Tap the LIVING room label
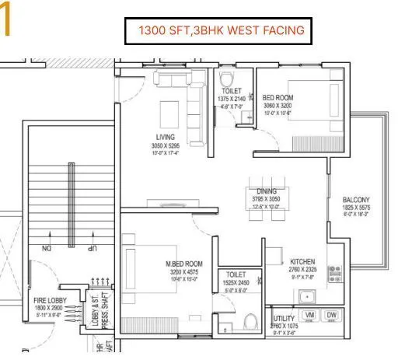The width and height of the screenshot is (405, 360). [x=164, y=137]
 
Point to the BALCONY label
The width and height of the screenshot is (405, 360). [x=356, y=200]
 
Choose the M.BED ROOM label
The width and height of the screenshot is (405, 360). [x=183, y=264]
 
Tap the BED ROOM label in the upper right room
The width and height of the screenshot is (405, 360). [x=277, y=97]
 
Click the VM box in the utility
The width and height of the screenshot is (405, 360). [x=309, y=315]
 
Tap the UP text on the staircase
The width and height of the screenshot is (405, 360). [x=93, y=249]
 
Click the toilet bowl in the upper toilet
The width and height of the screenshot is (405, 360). [x=228, y=79]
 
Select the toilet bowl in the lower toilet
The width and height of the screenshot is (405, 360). [x=250, y=322]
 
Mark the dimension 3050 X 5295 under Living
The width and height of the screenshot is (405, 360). [x=164, y=145]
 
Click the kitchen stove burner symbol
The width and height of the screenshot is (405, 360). [x=336, y=272]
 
